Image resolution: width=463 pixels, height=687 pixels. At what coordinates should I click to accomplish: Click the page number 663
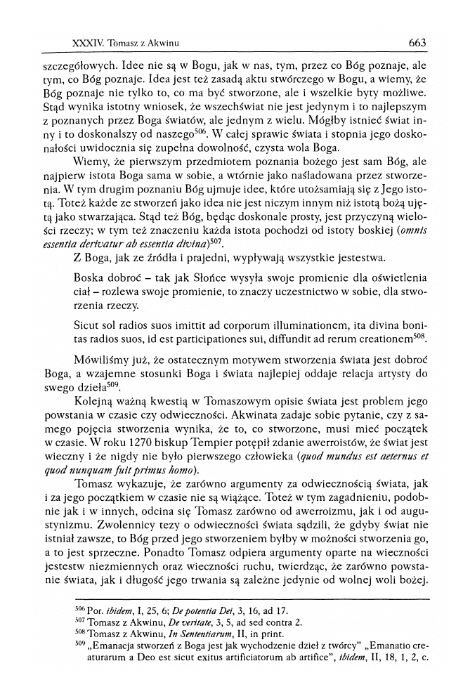point(417,43)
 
